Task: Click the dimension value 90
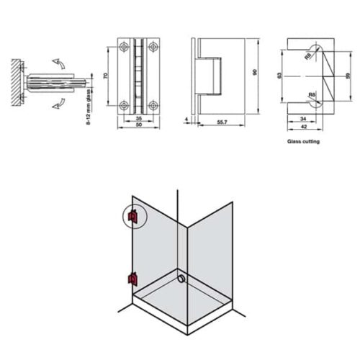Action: pyautogui.click(x=254, y=72)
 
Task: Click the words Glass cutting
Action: pyautogui.click(x=303, y=142)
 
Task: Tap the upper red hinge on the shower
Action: pyautogui.click(x=132, y=215)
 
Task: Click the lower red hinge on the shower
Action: pyautogui.click(x=132, y=278)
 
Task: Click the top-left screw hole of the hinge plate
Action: pyautogui.click(x=126, y=47)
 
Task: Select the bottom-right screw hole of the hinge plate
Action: pyautogui.click(x=153, y=102)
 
